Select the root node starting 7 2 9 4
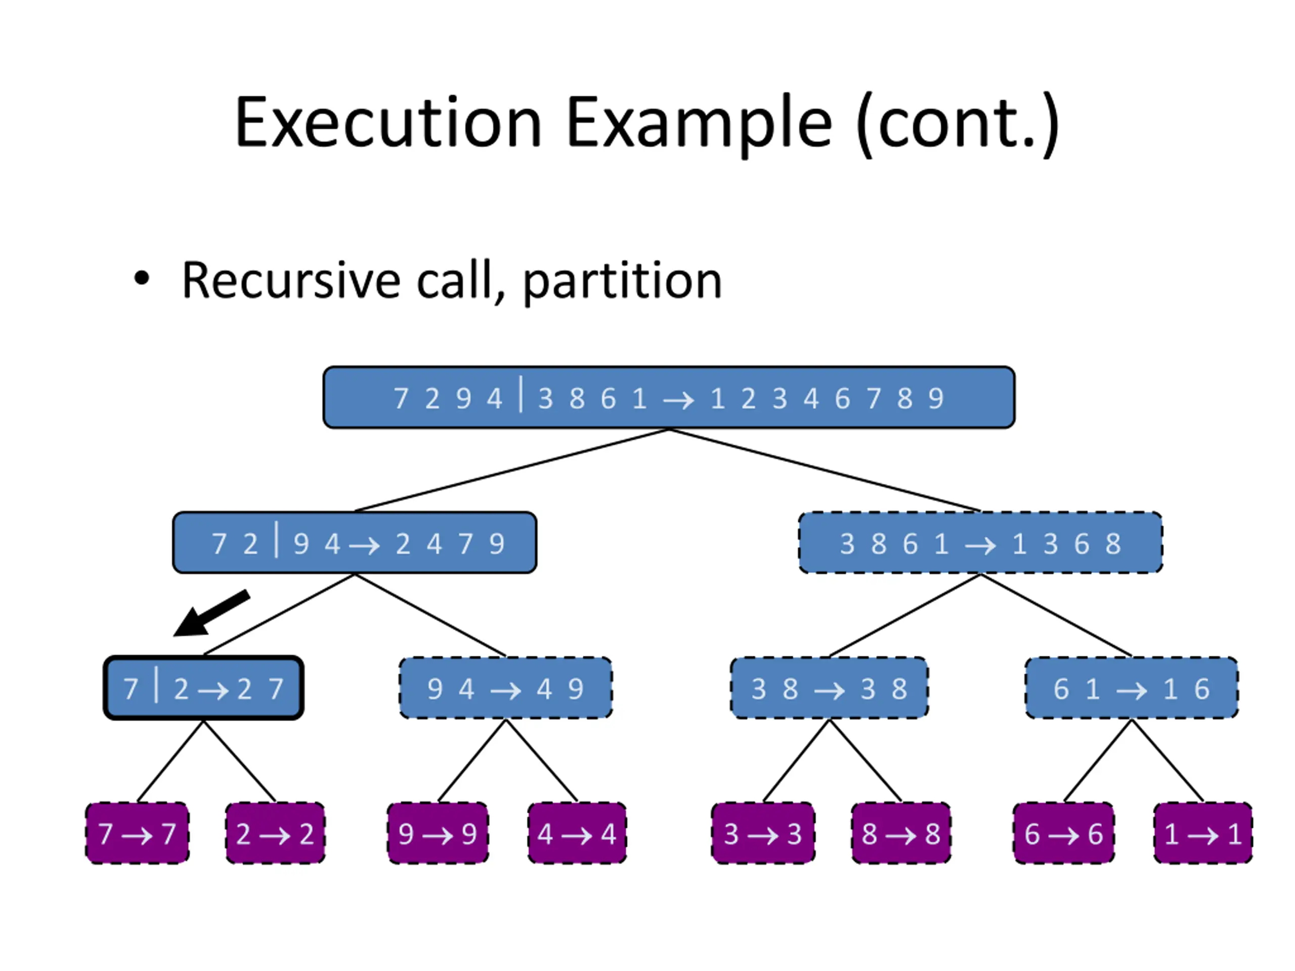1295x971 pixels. click(x=669, y=398)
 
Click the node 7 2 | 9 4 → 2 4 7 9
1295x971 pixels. click(x=355, y=543)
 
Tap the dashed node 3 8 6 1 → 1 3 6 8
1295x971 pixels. click(x=981, y=543)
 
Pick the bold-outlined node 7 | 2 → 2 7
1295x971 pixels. click(x=204, y=688)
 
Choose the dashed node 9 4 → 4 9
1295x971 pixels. click(x=506, y=688)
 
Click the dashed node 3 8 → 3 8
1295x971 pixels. click(x=829, y=688)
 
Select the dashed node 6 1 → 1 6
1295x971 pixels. click(x=1132, y=688)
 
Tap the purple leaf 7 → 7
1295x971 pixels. click(x=137, y=833)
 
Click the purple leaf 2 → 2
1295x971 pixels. click(x=275, y=833)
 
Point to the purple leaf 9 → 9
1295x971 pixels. click(x=438, y=833)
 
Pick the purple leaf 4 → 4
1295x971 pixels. click(x=577, y=833)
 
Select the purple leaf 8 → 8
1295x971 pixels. click(x=901, y=833)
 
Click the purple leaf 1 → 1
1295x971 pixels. click(x=1203, y=833)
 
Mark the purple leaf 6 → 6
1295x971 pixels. click(x=1064, y=833)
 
